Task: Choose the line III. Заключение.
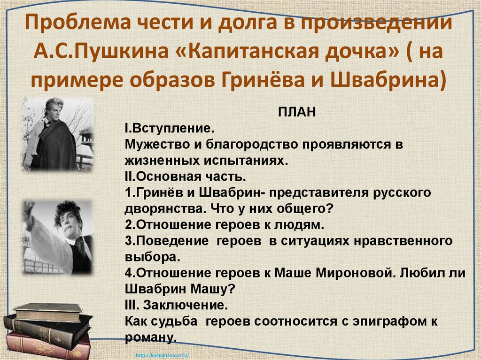coord(177,306)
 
